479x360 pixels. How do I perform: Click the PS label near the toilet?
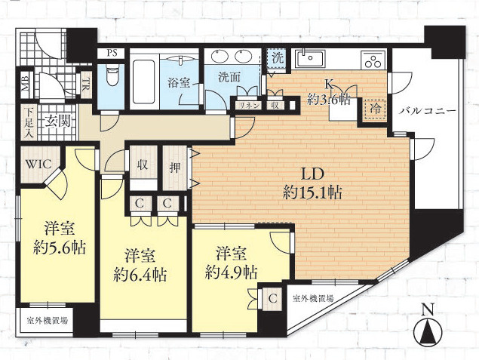point(112,53)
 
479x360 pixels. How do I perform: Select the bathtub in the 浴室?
point(144,82)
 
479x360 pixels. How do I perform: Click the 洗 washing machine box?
point(278,58)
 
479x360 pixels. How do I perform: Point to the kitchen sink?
point(310,58)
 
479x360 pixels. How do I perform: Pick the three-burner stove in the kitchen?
point(372,60)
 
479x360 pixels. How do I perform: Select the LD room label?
point(312,175)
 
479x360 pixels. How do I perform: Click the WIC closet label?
point(38,165)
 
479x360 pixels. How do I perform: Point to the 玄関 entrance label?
point(58,122)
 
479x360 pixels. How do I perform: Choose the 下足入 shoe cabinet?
point(29,122)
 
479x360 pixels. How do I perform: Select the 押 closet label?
point(174,168)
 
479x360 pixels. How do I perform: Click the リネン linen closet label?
point(249,106)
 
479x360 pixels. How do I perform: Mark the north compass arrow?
point(428,332)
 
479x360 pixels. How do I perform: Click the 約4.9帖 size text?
point(232,272)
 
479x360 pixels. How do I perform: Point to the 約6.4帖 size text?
point(140,275)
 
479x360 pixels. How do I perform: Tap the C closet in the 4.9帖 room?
point(273,298)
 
